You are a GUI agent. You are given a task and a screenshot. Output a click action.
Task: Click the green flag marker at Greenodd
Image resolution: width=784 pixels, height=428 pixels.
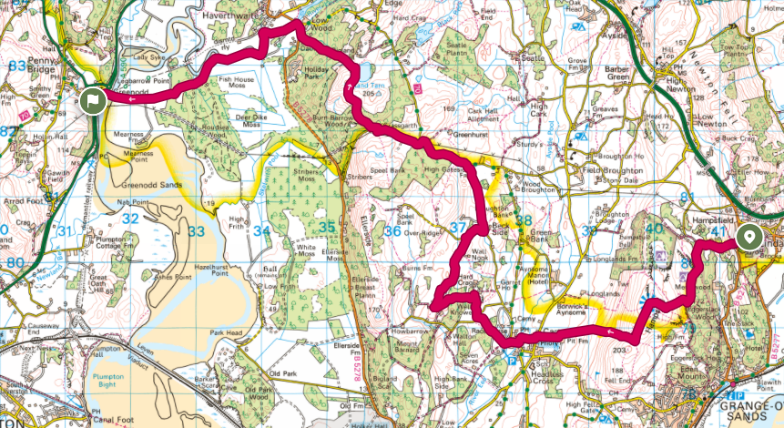click(x=92, y=100)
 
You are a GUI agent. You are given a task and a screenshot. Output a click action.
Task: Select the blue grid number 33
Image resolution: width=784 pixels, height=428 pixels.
click(x=195, y=232)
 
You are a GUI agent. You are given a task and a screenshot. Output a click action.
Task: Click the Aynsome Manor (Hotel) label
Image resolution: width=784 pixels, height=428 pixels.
click(x=548, y=277)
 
